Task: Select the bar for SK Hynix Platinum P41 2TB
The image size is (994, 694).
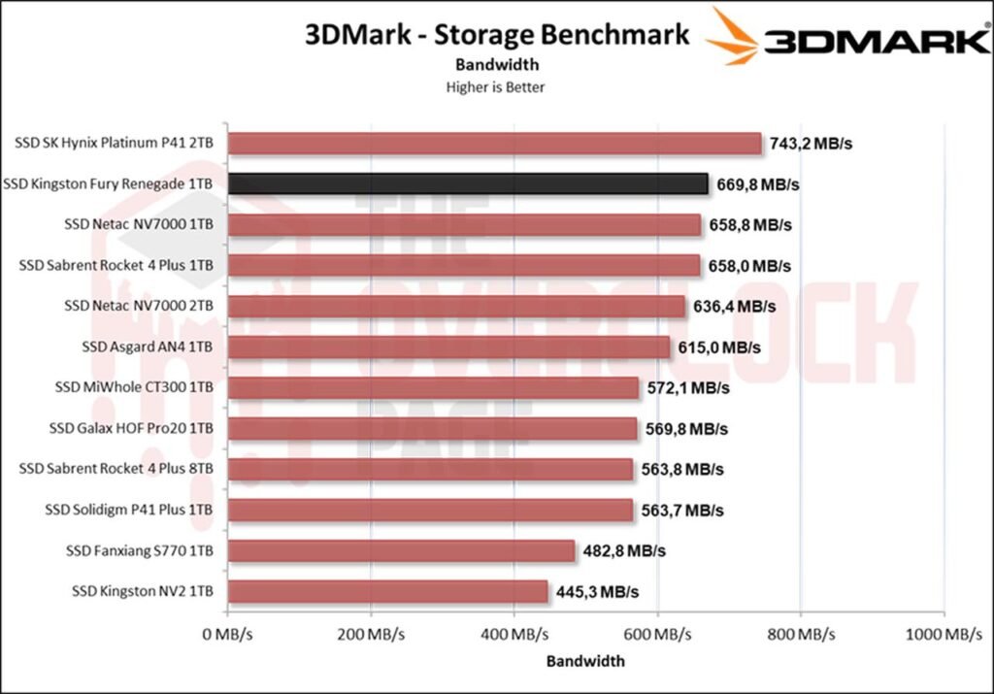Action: point(494,144)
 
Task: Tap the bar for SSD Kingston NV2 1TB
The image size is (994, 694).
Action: point(387,591)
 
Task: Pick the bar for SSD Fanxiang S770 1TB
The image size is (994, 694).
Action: point(401,550)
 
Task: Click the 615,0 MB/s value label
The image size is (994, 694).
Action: point(720,347)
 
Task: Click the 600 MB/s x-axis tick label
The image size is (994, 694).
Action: point(657,635)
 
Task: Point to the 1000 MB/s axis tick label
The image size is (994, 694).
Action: point(943,635)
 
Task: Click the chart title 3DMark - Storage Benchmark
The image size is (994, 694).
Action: point(497,35)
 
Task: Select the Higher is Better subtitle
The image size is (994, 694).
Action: point(495,86)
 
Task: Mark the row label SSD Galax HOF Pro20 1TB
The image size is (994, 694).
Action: point(131,428)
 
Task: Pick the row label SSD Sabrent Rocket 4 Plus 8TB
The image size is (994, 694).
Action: point(116,469)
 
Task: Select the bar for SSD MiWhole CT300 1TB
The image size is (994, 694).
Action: point(433,387)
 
